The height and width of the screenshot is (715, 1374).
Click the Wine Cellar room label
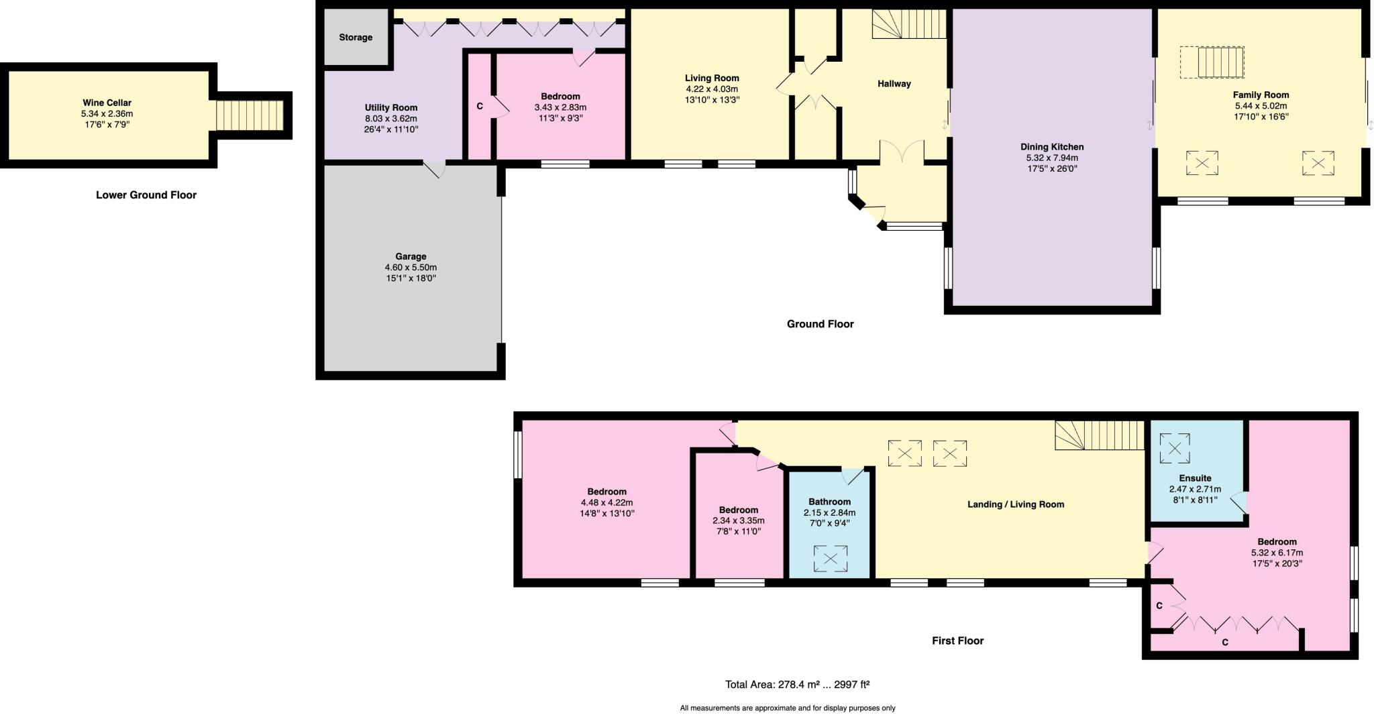coord(107,103)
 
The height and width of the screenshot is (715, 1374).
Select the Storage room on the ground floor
coord(356,38)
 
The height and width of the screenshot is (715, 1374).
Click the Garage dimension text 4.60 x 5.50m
coord(411,267)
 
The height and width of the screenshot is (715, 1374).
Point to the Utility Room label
coord(390,107)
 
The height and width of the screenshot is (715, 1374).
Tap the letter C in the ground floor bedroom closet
coord(480,107)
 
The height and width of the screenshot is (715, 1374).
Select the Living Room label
coord(711,78)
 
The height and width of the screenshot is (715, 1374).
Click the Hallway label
coord(894,84)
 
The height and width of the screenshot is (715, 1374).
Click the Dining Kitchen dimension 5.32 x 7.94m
coord(1052,158)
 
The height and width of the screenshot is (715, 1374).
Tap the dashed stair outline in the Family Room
coord(1212,62)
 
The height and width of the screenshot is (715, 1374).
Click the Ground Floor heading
coord(820,324)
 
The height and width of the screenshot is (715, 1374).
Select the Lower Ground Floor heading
coord(146,195)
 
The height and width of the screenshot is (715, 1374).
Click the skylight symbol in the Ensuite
coord(1175,449)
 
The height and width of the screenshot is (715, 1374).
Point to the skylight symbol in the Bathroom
coord(830,559)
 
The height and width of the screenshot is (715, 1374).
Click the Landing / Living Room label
coord(1015,504)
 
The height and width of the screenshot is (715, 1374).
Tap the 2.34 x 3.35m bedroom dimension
coord(738,520)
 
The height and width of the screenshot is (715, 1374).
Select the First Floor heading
coord(957,641)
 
